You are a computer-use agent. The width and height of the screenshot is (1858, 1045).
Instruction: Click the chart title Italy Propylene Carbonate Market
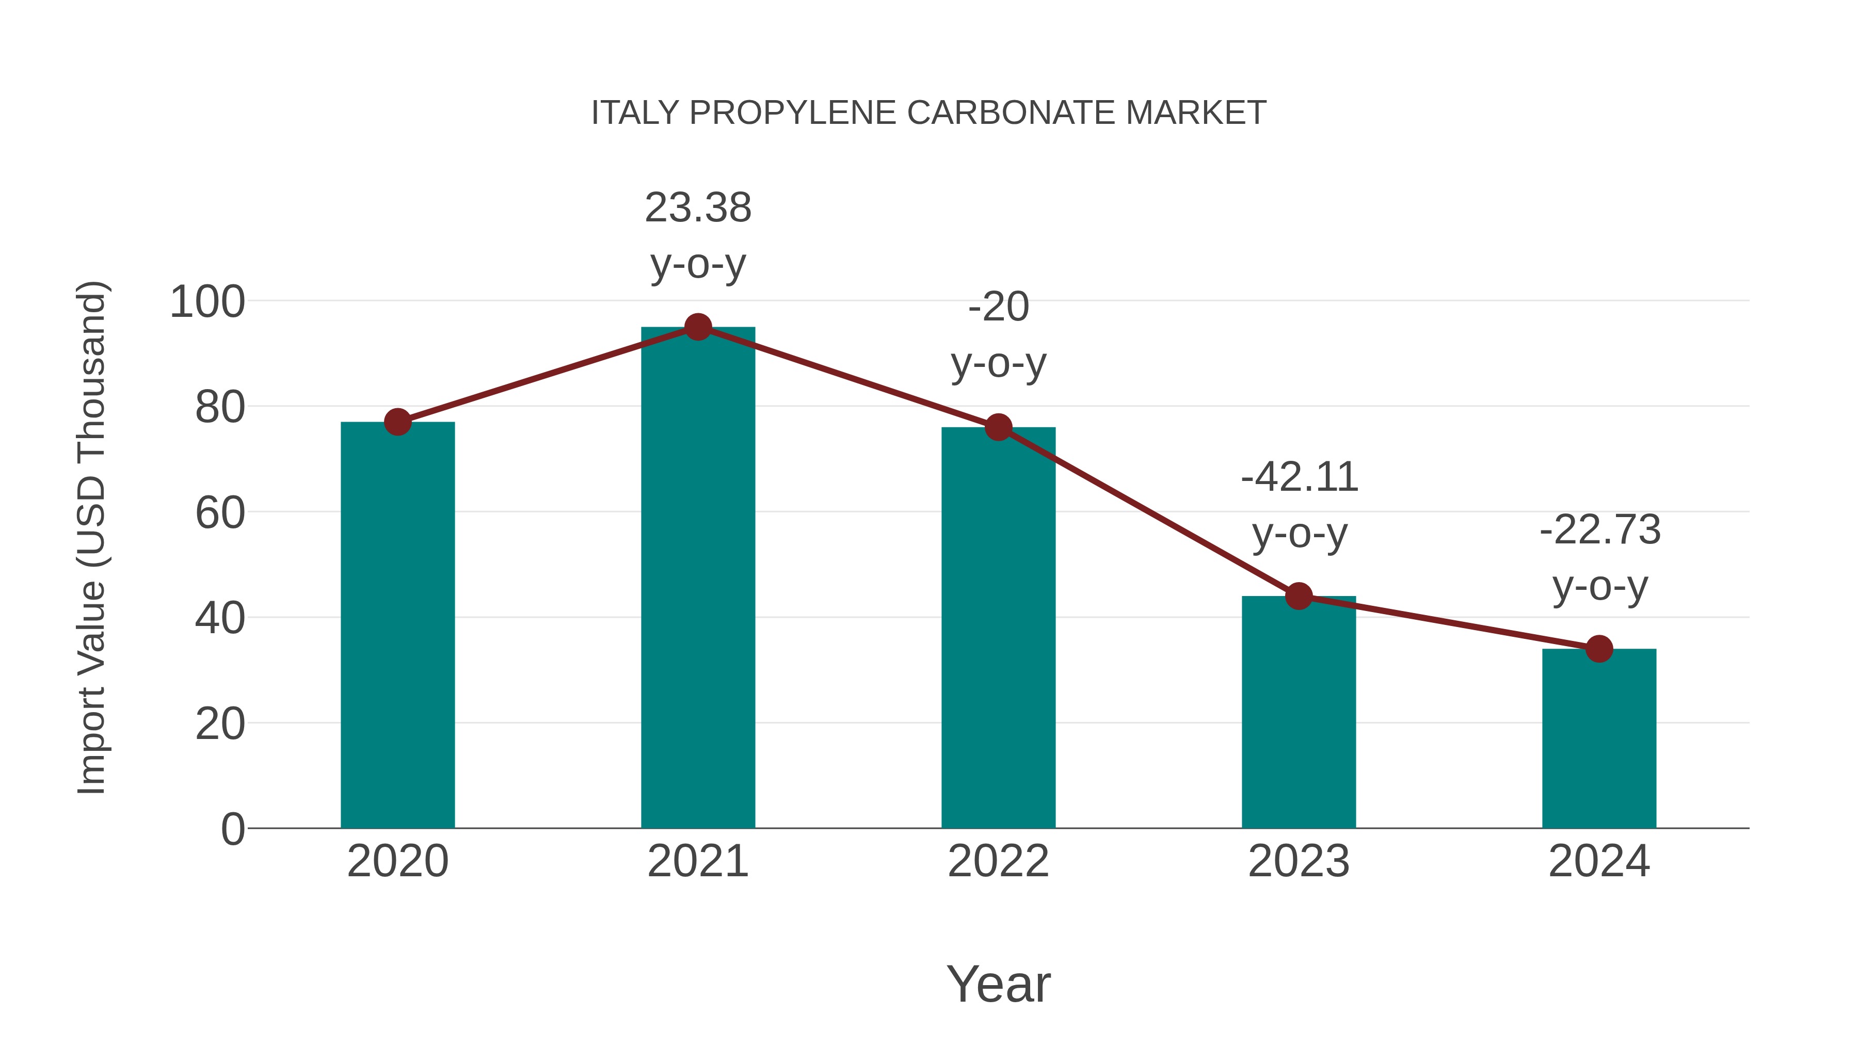pos(928,113)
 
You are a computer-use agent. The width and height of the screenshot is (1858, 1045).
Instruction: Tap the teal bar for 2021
pos(697,577)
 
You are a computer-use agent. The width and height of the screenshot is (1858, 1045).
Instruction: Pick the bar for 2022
pos(998,628)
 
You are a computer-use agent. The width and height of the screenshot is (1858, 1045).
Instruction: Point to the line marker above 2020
pos(397,422)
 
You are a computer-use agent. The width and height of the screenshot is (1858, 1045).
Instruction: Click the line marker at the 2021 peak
pos(697,327)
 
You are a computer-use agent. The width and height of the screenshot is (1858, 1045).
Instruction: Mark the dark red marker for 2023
pos(1299,597)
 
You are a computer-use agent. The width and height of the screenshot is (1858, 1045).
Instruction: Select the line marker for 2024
pos(1599,649)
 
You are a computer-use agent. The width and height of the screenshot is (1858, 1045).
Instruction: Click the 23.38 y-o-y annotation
pos(697,235)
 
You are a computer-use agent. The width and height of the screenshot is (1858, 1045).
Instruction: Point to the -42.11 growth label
pos(1299,505)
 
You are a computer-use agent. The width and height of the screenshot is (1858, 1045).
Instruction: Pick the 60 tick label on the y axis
pos(220,513)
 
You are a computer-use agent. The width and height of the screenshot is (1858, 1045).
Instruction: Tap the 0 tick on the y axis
pos(232,829)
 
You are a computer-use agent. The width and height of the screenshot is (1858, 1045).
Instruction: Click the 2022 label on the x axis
pos(998,861)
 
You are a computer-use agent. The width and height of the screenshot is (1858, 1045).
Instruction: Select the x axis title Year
pos(998,984)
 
